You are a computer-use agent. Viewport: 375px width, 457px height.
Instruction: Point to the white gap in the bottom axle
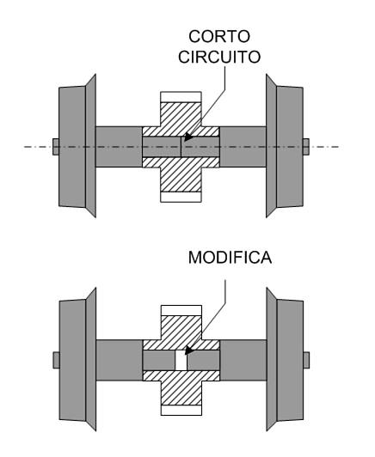(x=180, y=359)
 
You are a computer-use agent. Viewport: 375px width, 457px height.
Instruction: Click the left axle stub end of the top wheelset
(x=55, y=147)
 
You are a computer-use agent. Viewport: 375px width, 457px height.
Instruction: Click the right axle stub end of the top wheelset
(x=305, y=147)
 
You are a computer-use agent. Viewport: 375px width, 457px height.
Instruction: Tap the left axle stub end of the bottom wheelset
(x=55, y=359)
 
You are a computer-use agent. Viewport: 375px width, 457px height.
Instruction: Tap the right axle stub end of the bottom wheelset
(x=305, y=359)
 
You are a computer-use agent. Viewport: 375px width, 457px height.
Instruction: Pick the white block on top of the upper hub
(x=180, y=97)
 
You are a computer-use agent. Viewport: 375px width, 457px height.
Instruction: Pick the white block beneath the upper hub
(x=180, y=196)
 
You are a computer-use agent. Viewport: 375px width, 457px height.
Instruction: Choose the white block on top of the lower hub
(x=180, y=309)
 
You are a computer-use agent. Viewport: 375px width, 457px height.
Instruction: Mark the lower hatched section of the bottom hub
(x=180, y=387)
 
